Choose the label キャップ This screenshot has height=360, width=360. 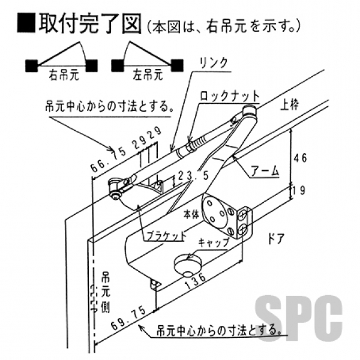(x=214, y=244)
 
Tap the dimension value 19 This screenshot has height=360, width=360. (x=299, y=191)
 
